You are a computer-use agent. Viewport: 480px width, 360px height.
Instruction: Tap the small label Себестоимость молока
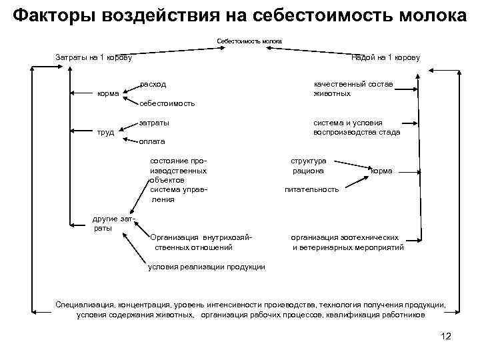click(249, 41)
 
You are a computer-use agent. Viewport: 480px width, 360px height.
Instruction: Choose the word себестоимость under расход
click(167, 103)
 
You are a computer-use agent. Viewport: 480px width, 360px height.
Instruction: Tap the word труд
click(106, 132)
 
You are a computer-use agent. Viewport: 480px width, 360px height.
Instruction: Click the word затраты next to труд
click(154, 123)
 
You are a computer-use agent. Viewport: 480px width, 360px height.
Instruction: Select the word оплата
click(152, 141)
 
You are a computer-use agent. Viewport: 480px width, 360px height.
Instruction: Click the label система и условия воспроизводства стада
click(357, 127)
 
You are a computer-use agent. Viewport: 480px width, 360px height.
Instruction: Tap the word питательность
click(311, 189)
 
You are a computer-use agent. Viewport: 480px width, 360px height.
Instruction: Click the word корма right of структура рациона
click(381, 171)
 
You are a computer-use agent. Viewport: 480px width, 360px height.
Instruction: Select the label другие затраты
click(114, 223)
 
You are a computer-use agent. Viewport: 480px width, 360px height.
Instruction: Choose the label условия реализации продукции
click(206, 267)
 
